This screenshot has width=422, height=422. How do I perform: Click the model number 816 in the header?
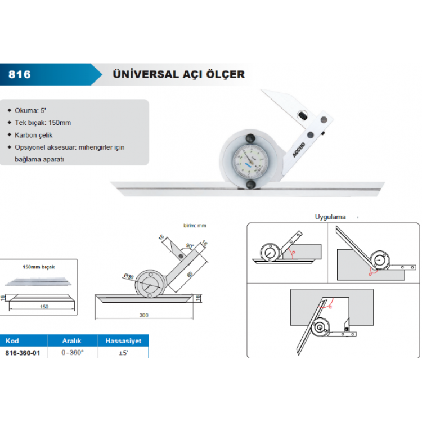pos(20,74)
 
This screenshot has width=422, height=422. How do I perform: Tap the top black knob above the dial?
pos(249,138)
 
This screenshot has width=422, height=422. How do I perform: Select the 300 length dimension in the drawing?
pos(143,316)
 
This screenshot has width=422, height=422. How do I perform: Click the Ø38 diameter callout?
pos(129,275)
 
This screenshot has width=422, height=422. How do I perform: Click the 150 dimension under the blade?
pos(44,307)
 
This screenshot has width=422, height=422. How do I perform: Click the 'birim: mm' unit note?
pos(195,225)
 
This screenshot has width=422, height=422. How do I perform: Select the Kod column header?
pos(12,340)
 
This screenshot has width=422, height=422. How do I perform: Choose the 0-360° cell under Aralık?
pos(73,353)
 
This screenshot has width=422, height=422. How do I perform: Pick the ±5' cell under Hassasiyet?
pos(124,353)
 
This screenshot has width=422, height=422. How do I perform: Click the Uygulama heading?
pos(330,217)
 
